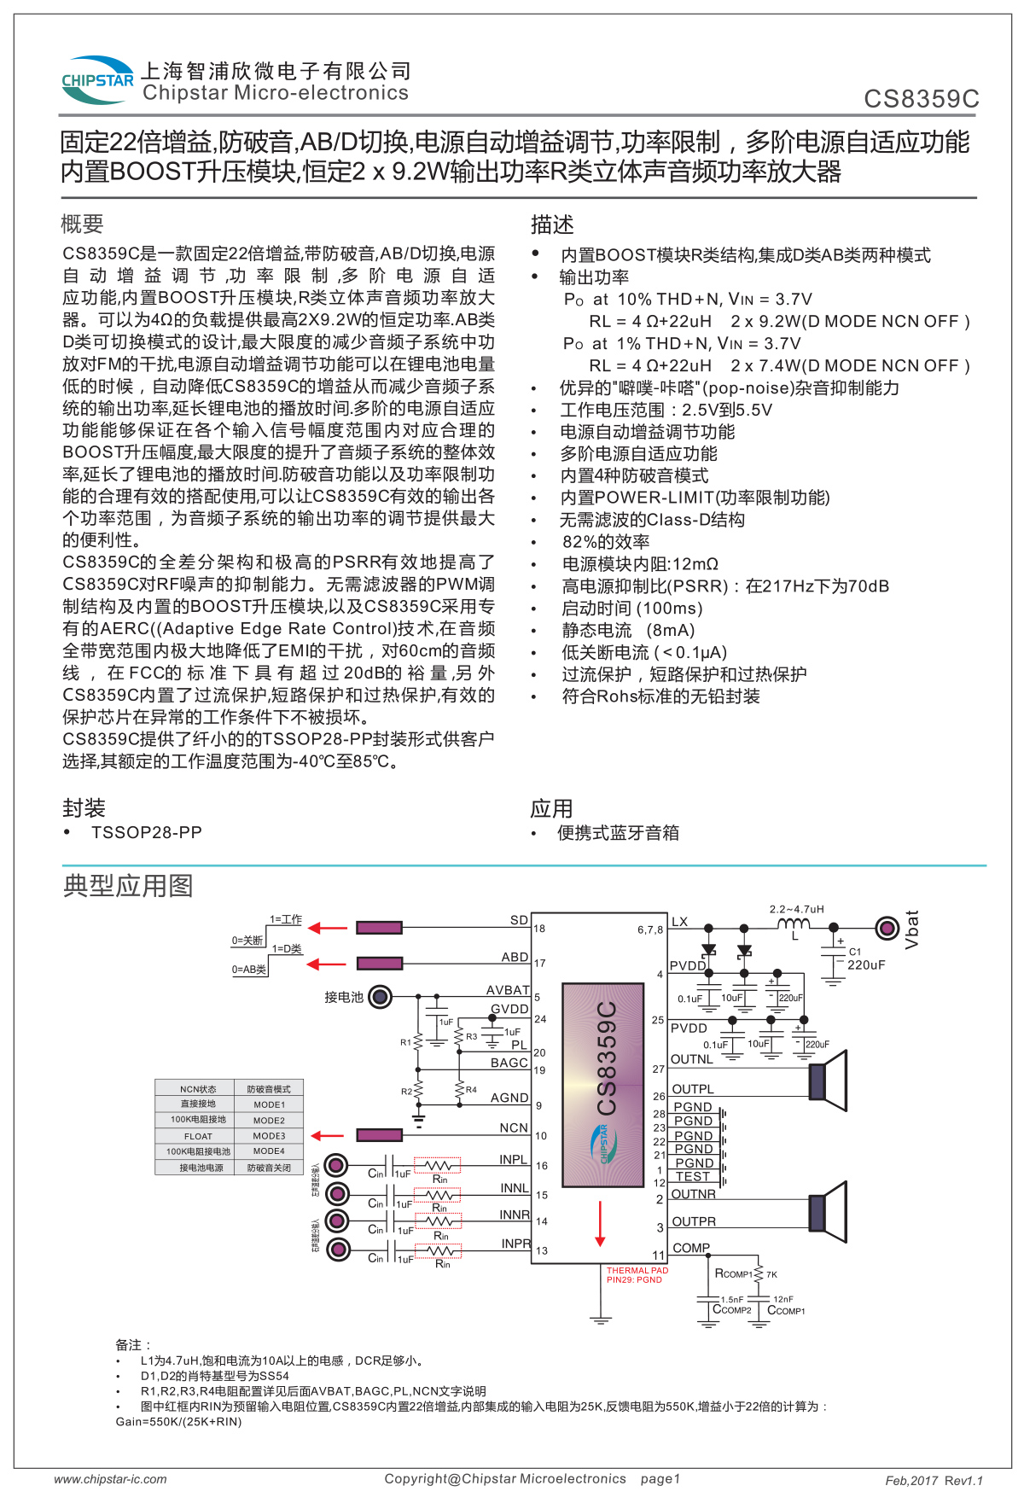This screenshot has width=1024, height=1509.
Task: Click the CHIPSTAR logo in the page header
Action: [x=97, y=80]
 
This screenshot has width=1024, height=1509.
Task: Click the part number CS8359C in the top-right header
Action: [x=921, y=99]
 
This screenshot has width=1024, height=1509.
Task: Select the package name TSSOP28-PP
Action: [x=146, y=832]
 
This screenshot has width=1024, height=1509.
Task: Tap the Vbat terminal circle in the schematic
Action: [x=887, y=927]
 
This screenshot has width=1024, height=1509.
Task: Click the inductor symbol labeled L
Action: [x=794, y=925]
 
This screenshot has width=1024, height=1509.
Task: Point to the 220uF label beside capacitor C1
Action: [x=866, y=965]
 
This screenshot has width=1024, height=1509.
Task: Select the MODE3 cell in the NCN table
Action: [x=269, y=1136]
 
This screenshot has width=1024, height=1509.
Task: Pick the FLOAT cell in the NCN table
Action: [x=198, y=1136]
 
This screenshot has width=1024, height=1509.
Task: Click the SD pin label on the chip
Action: [x=519, y=920]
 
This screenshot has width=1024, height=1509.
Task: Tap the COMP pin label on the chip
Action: [x=690, y=1248]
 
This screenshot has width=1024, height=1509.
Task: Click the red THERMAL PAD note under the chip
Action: [x=637, y=1275]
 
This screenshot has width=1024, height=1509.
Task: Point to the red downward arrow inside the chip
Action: [x=600, y=1224]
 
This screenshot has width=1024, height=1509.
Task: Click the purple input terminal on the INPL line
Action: [x=338, y=1165]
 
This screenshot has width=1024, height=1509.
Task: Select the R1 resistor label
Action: [x=405, y=1042]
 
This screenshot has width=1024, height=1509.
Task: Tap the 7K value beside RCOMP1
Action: [x=771, y=1274]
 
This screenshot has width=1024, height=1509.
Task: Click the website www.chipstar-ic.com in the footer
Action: [x=110, y=1479]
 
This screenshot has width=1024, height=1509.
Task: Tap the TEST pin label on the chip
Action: [x=692, y=1176]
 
